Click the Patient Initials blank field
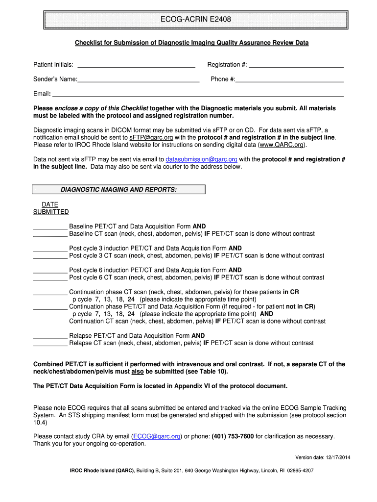(137, 65)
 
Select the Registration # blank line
(296, 65)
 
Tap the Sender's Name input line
(139, 79)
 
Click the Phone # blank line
(289, 79)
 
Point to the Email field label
(42, 94)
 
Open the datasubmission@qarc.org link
(202, 159)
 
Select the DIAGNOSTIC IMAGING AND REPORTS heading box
(118, 190)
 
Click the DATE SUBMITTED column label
(50, 208)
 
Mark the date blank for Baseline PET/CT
(50, 227)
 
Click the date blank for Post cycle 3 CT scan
(50, 256)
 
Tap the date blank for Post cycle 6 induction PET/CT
(50, 271)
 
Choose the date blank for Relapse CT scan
(50, 344)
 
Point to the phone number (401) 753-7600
(233, 436)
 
